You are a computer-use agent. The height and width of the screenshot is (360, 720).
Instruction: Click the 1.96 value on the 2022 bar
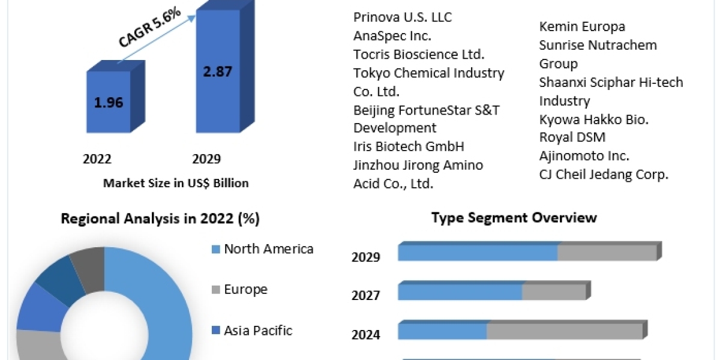[109, 102]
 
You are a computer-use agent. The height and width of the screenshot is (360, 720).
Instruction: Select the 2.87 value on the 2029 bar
[217, 71]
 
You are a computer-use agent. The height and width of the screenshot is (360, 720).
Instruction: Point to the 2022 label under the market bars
[97, 159]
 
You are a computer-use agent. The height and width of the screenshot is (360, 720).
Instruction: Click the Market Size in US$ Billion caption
[176, 183]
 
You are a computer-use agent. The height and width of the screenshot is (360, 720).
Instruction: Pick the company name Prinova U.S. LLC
[403, 17]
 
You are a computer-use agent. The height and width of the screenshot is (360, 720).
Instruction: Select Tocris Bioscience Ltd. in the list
[419, 55]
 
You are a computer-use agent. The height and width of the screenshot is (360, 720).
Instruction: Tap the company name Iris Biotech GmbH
[409, 146]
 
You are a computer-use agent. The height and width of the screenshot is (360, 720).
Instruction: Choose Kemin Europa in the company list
[582, 26]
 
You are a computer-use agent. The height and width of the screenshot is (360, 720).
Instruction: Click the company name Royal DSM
[572, 137]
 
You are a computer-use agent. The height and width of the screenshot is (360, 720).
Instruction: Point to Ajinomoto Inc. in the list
[584, 156]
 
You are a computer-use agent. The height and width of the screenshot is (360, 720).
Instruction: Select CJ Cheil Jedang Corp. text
[604, 175]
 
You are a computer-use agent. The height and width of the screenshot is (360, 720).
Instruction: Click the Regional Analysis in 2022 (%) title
[160, 219]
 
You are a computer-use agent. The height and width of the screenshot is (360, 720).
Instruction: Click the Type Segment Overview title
[514, 217]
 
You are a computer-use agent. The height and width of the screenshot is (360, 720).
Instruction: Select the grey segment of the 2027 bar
[553, 292]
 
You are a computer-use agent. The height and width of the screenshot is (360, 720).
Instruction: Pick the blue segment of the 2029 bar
[478, 253]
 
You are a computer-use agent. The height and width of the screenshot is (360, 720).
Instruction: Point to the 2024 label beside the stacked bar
[366, 334]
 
